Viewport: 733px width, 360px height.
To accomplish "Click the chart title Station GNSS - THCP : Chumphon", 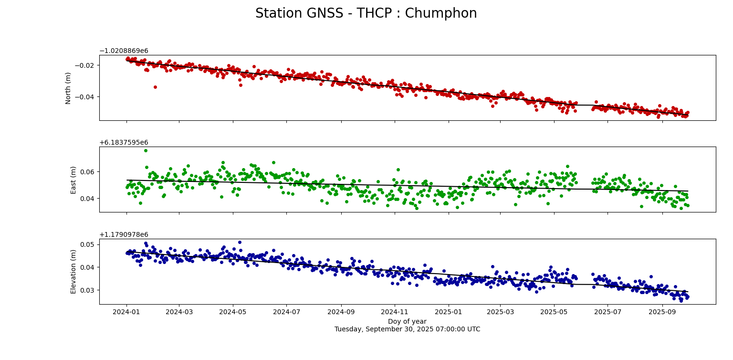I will click(366, 13).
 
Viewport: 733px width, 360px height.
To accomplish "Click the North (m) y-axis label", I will click(68, 88).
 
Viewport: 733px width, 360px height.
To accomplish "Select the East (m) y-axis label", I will click(73, 180).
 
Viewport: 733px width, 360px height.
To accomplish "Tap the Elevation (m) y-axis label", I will click(73, 271).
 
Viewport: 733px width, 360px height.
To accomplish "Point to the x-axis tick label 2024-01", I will click(126, 312).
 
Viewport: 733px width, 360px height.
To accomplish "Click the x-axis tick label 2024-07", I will click(286, 312).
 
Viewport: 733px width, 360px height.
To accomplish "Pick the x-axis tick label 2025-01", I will click(449, 312).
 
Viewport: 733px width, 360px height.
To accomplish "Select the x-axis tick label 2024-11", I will click(395, 312).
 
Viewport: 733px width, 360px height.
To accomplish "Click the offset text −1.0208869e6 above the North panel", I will click(124, 51).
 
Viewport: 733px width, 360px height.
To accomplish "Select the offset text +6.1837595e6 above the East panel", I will click(124, 143).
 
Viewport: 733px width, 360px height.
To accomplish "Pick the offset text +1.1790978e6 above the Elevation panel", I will click(124, 235).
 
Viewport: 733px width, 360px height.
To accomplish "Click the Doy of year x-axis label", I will click(407, 321).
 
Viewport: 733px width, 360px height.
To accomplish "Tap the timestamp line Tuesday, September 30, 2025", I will click(407, 329).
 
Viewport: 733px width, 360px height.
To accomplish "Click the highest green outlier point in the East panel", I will click(146, 150).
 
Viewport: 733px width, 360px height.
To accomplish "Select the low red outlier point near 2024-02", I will click(155, 87).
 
